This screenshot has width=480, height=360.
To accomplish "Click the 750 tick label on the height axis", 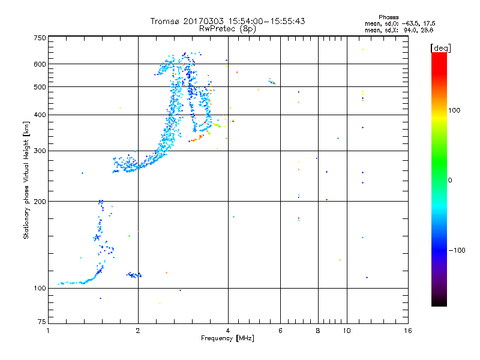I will pyautogui.click(x=40, y=38).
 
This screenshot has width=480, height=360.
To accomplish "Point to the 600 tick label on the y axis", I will pyautogui.click(x=40, y=64).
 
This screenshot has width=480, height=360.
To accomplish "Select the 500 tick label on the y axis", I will pyautogui.click(x=40, y=87).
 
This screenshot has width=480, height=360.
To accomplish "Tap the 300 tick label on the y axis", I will pyautogui.click(x=40, y=151).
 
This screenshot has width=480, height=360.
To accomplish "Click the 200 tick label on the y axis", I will pyautogui.click(x=40, y=202).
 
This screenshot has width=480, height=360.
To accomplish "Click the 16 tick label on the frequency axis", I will pyautogui.click(x=407, y=331).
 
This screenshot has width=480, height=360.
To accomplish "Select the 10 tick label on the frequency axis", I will pyautogui.click(x=346, y=331).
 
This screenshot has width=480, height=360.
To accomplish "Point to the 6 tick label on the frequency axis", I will pyautogui.click(x=280, y=331).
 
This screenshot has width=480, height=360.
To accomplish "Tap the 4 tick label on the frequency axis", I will pyautogui.click(x=228, y=331).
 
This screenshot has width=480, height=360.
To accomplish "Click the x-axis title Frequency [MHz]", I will pyautogui.click(x=228, y=339).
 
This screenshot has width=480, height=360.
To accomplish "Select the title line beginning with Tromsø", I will pyautogui.click(x=228, y=21).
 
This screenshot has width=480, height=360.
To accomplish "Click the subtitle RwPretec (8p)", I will pyautogui.click(x=228, y=28).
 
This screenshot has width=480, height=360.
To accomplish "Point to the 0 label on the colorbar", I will pyautogui.click(x=449, y=180).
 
